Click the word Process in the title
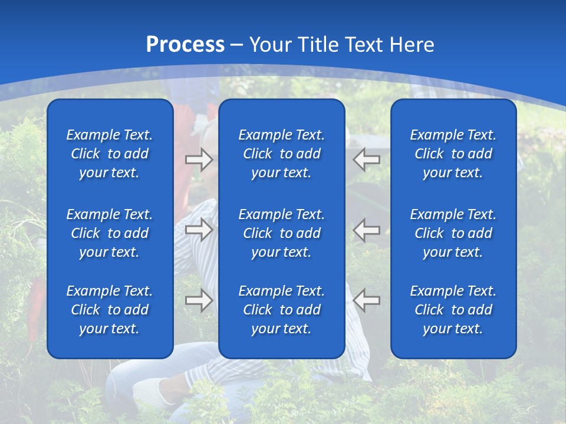tap(185, 45)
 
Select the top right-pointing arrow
tap(199, 159)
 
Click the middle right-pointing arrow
tap(199, 230)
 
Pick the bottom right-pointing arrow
tap(199, 300)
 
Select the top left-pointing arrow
tap(367, 159)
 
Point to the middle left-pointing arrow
tap(367, 230)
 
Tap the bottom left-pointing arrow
tap(367, 300)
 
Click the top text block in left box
tap(110, 154)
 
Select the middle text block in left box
tap(110, 233)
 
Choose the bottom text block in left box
tap(110, 310)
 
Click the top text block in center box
tap(281, 154)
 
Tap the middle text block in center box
tap(281, 233)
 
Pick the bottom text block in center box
tap(281, 310)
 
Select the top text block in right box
tap(453, 154)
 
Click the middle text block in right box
tap(453, 233)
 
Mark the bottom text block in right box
tap(453, 310)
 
